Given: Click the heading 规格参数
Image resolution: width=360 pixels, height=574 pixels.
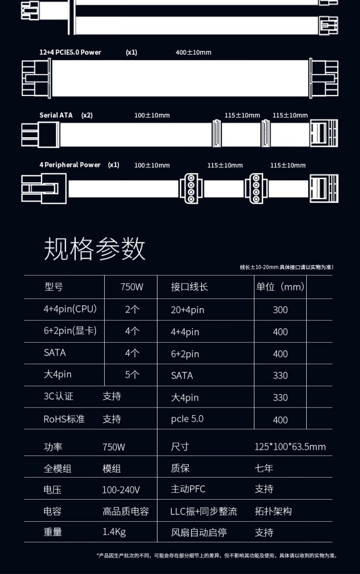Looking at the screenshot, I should point(95,249).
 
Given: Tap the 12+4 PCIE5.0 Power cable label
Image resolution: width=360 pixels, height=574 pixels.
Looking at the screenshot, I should point(70,52).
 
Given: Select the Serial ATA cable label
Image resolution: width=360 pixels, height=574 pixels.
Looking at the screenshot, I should point(56,115).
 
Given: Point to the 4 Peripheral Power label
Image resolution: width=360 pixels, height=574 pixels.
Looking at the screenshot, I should point(70,165).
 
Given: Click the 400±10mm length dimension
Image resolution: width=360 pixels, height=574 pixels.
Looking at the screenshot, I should point(193,52).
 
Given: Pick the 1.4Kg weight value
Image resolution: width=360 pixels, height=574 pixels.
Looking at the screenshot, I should point(114,532).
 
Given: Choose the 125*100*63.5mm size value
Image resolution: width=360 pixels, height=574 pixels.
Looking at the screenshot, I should point(290,447).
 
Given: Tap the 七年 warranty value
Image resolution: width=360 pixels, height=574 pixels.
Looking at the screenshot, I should point(264,468).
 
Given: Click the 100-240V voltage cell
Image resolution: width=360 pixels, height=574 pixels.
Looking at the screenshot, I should point(121,490).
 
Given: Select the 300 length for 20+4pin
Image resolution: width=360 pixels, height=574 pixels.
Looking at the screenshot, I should point(280,310).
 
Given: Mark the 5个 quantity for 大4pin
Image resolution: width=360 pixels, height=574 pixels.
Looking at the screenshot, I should point(132,374).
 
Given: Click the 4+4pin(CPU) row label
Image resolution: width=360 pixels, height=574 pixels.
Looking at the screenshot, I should point(70,309).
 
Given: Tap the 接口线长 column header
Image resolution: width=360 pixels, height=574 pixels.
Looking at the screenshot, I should point(190,287).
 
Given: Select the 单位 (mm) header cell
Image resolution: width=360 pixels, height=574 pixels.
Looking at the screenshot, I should point(280,287).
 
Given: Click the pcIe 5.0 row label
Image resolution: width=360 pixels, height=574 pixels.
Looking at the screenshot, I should point(187,419).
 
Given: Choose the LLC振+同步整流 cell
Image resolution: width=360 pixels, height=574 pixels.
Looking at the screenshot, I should point(204,511).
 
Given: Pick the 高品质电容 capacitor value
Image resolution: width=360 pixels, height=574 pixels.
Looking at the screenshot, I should point(126,511).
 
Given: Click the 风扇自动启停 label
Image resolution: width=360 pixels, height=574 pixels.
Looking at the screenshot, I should point(199,532).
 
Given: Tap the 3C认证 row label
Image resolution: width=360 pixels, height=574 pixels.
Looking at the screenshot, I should point(59,396).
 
